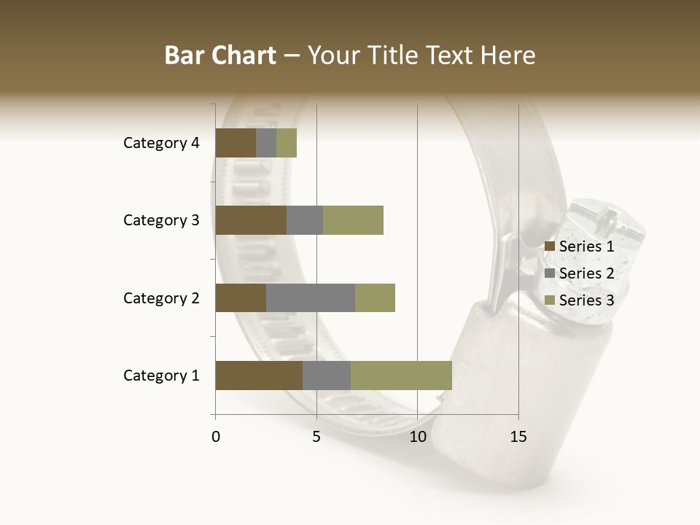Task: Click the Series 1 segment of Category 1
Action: click(259, 376)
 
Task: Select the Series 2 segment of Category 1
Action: click(327, 376)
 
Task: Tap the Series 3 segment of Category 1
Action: click(401, 376)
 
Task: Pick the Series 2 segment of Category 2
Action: click(311, 297)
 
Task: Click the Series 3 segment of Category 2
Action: click(375, 297)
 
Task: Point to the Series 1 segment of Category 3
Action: click(251, 220)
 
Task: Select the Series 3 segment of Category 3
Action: click(353, 220)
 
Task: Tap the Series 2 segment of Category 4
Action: click(266, 143)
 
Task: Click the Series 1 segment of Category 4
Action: click(236, 143)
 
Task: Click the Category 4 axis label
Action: click(161, 143)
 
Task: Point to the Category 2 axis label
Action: click(161, 297)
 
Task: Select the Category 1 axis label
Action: click(161, 376)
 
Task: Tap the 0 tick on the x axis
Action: click(216, 437)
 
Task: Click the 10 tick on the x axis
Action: click(417, 437)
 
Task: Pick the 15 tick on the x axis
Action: click(518, 437)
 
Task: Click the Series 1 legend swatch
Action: click(550, 246)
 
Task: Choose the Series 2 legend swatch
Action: click(550, 273)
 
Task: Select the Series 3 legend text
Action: click(586, 300)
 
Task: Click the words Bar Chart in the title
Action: click(219, 55)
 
